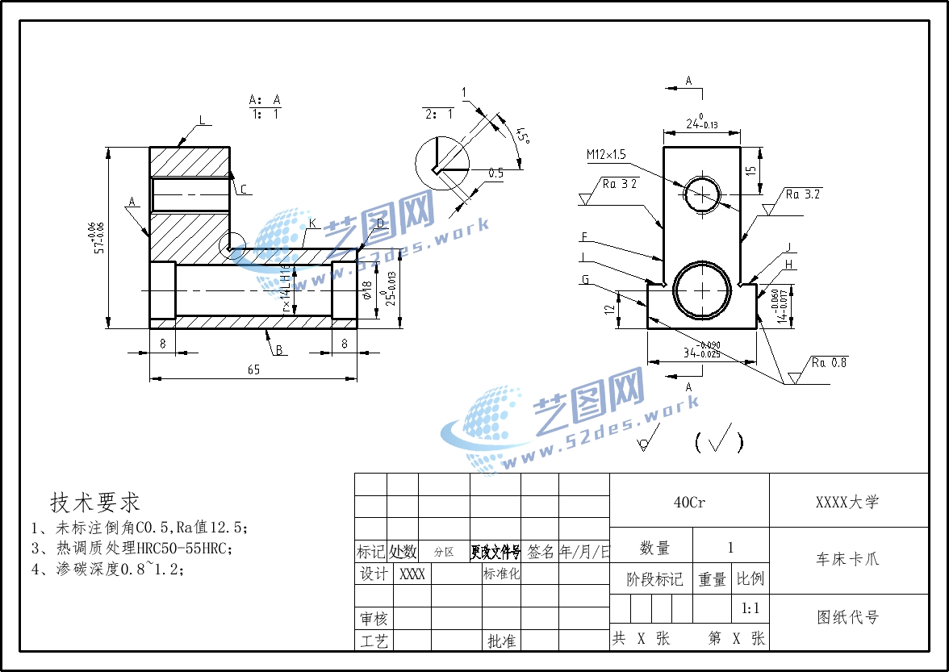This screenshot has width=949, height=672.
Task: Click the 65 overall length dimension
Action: pyautogui.click(x=253, y=369)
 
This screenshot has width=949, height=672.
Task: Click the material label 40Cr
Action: pyautogui.click(x=689, y=502)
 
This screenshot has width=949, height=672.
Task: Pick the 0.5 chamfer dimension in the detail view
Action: pyautogui.click(x=496, y=173)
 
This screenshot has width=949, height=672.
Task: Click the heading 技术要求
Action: pyautogui.click(x=95, y=503)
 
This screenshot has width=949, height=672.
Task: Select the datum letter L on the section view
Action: pyautogui.click(x=202, y=120)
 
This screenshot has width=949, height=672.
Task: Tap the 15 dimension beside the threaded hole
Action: pyautogui.click(x=751, y=170)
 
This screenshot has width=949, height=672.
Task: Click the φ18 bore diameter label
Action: pyautogui.click(x=366, y=290)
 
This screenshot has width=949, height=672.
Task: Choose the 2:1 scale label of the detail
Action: pyautogui.click(x=438, y=114)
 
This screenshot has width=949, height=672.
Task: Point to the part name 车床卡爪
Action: pyautogui.click(x=847, y=559)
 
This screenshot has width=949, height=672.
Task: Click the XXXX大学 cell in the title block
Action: pyautogui.click(x=847, y=502)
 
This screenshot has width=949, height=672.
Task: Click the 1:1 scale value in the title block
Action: pyautogui.click(x=750, y=608)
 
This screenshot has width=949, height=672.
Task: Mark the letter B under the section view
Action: pyautogui.click(x=279, y=350)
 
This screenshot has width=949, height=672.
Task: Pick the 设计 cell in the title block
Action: pyautogui.click(x=374, y=574)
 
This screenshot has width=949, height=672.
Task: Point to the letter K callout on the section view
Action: pyautogui.click(x=311, y=223)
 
